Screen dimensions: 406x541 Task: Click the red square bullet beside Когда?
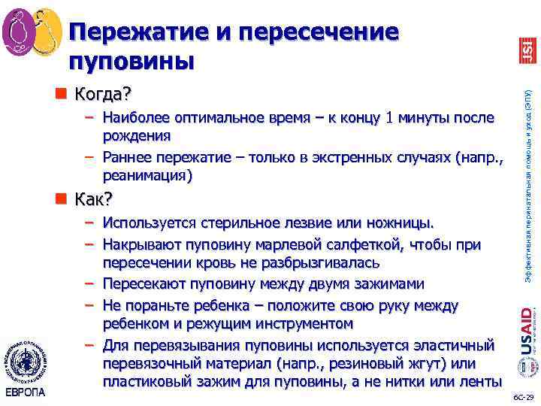61,94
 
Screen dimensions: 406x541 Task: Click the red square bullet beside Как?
61,198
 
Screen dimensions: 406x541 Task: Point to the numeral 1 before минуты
388,119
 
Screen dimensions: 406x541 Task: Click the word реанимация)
147,175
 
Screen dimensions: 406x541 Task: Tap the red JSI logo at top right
527,50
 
